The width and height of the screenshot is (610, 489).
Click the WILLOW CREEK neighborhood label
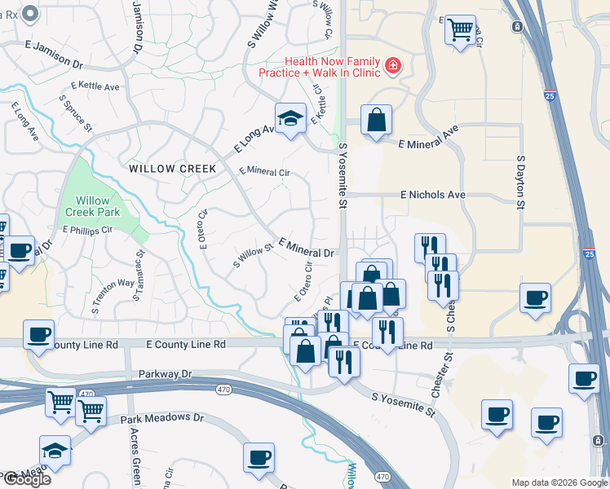click(x=172, y=169)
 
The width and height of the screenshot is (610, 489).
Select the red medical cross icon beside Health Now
click(x=393, y=65)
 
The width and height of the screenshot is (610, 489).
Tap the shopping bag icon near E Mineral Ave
click(x=376, y=121)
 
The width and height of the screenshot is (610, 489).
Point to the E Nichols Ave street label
click(x=432, y=196)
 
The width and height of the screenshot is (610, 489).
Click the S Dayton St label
click(x=519, y=183)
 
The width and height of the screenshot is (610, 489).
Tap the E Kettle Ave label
click(x=95, y=86)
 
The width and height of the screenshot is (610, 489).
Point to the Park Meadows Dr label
click(x=162, y=418)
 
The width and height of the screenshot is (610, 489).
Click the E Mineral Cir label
click(x=264, y=172)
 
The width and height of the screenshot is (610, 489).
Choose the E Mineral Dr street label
click(x=306, y=248)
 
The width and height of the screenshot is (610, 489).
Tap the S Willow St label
click(x=252, y=256)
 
